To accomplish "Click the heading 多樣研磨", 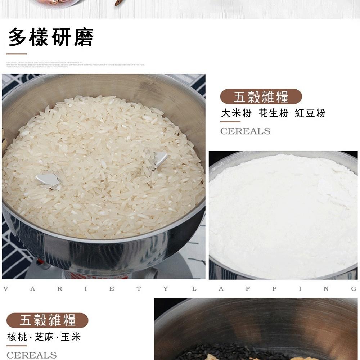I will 51,37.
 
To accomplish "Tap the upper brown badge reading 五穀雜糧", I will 261,96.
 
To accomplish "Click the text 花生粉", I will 274,113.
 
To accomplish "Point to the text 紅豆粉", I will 310,113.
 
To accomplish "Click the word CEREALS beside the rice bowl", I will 245,131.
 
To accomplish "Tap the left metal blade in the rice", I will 48,180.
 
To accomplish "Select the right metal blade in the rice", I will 159,158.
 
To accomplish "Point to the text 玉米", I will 71,337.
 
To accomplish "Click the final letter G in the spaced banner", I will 354,289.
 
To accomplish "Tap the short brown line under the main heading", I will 17,54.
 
